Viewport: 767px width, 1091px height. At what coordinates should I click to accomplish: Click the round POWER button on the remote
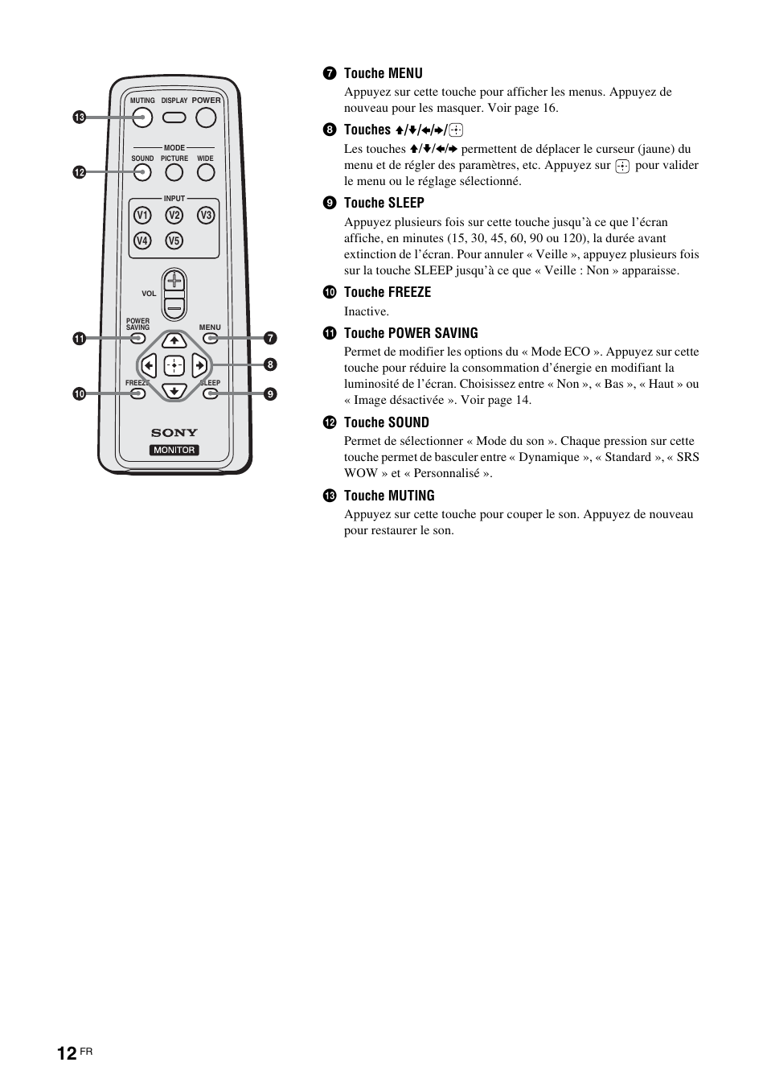pos(206,117)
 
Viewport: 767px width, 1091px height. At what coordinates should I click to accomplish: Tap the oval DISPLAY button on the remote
pos(174,117)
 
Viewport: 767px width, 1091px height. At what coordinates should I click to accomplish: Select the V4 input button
pos(142,241)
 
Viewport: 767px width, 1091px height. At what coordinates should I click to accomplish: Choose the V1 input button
pos(142,215)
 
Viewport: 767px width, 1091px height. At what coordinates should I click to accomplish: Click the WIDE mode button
pos(206,172)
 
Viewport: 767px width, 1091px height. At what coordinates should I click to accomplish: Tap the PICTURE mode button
pos(174,172)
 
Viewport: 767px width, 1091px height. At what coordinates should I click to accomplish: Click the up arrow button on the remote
pos(174,340)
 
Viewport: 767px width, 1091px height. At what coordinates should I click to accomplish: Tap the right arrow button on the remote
pos(199,366)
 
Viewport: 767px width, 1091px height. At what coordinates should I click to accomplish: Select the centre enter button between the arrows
pos(174,366)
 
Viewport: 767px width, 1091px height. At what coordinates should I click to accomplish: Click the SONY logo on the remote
pos(174,433)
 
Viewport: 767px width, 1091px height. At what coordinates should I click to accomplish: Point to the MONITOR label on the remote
pos(174,450)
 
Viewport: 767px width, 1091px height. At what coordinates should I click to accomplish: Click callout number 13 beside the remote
pos(79,117)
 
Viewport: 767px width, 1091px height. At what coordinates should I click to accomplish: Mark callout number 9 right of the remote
pos(271,393)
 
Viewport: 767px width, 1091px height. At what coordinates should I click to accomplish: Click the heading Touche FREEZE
pos(387,292)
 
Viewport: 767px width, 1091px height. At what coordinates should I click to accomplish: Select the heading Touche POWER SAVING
pos(410,333)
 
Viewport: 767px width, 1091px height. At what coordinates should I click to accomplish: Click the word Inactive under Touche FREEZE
pos(366,311)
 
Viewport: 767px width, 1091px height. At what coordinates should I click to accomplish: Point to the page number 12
pos(67,1053)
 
